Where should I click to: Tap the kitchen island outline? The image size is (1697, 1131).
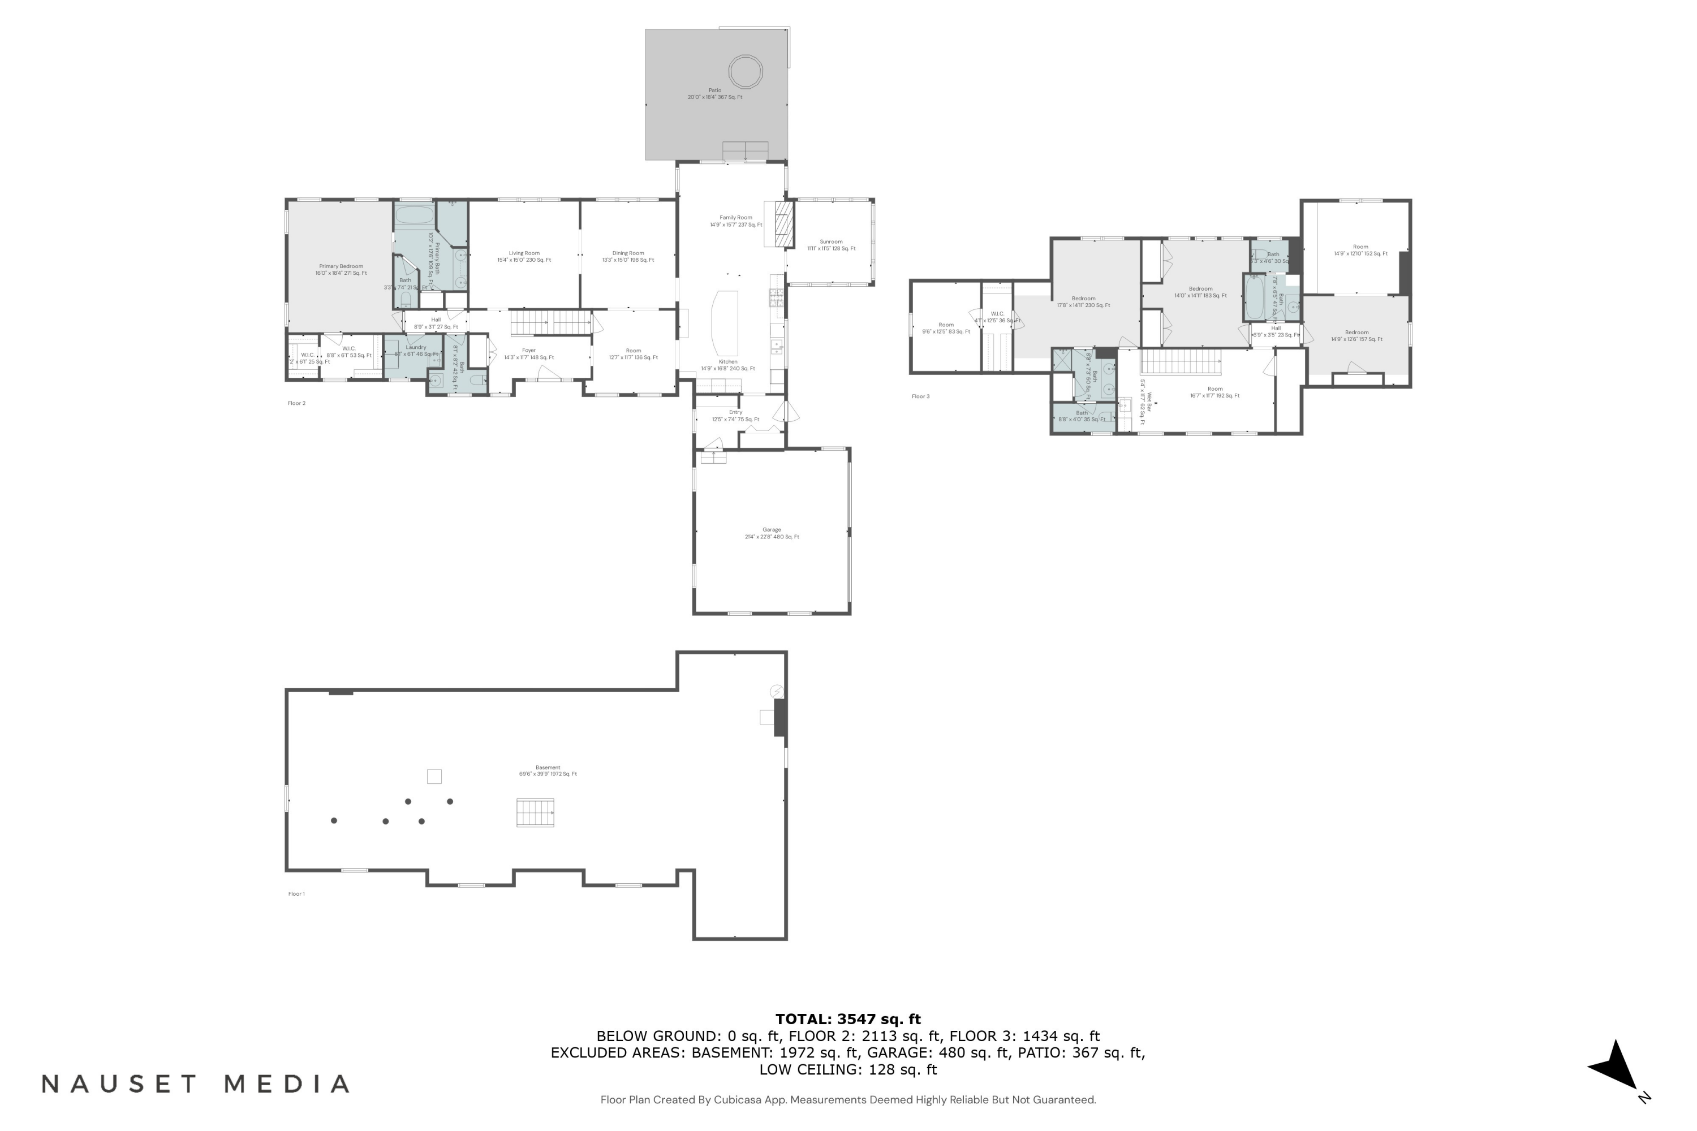point(725,322)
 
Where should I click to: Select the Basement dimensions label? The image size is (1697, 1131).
point(548,774)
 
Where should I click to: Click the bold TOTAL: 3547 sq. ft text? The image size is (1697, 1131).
point(848,1019)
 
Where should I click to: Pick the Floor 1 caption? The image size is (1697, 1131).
point(296,893)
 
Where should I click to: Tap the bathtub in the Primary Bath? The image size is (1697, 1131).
point(414,215)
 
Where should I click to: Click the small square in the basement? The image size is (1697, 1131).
point(434,776)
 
